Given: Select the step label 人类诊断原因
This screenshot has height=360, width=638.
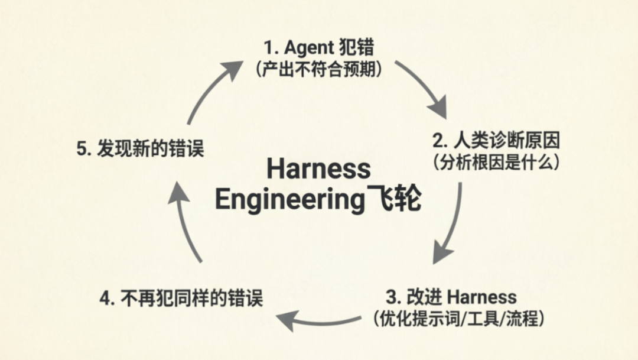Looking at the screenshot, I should [506, 141].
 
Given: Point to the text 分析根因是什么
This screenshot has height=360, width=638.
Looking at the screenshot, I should [496, 163].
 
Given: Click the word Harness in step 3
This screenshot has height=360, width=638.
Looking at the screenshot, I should [482, 297].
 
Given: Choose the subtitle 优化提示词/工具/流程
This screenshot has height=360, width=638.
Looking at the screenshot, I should [458, 319].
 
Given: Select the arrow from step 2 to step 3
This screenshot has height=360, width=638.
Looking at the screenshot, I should [450, 225].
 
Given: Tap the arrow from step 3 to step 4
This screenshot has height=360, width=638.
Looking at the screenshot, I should [319, 320].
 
